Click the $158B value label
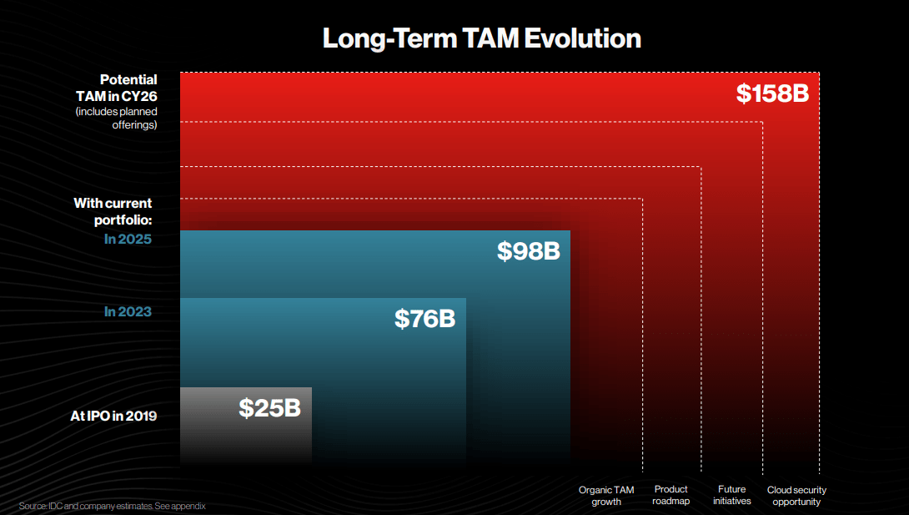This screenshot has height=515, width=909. pos(772,93)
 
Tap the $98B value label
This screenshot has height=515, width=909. pos(528,251)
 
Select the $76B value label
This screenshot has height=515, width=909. pos(424,318)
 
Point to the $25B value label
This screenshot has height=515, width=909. pos(269,407)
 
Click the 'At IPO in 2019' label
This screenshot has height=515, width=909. pos(113,415)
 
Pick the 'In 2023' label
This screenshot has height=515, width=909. pos(128,311)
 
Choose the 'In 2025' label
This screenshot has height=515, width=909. pos(128,240)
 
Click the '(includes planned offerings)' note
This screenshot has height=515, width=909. pos(116,118)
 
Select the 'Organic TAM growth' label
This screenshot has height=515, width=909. pos(606,496)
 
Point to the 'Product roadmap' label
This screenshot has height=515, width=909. pos(670,495)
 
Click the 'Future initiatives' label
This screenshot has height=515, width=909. pos(734,495)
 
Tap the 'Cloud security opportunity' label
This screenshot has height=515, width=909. pos(796,496)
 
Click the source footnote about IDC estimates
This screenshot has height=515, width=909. pos(112,506)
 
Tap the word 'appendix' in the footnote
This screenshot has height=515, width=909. pos(189,506)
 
